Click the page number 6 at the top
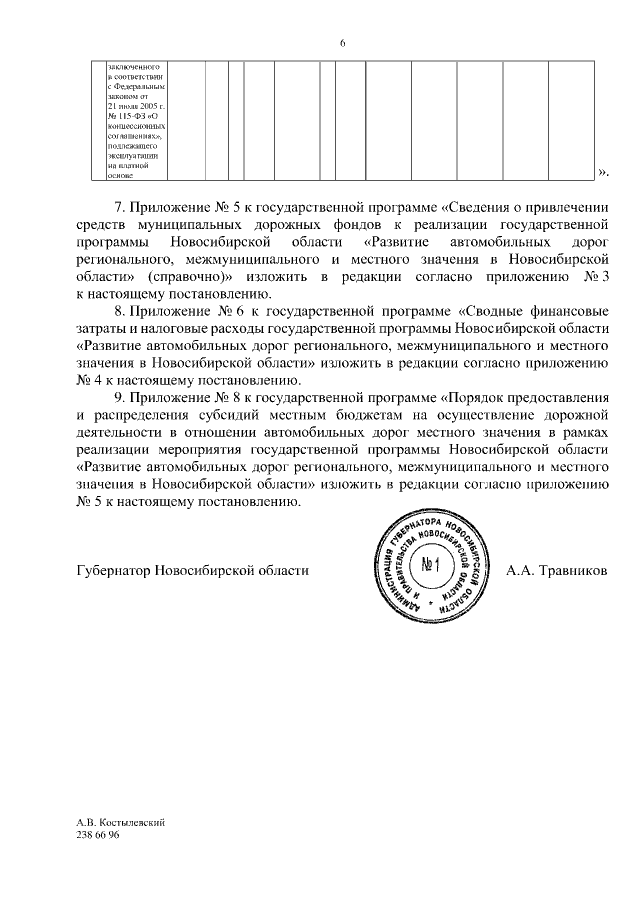pyautogui.click(x=342, y=43)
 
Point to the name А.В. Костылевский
pyautogui.click(x=120, y=822)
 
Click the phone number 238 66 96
pyautogui.click(x=97, y=835)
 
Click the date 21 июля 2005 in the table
pyautogui.click(x=136, y=106)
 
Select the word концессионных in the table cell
pyautogui.click(x=137, y=128)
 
